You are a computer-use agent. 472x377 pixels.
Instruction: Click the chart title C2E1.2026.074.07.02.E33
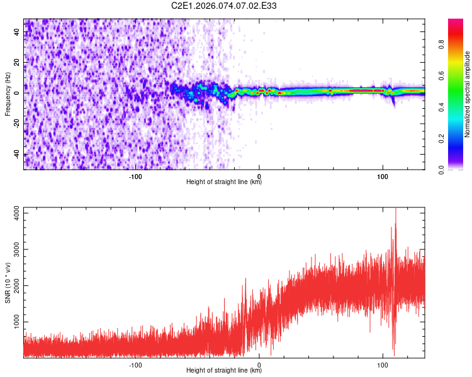[x=224, y=6]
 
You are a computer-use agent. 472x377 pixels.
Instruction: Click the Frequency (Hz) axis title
[x=8, y=94]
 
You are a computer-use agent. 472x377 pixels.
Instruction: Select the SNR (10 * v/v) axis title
[x=8, y=281]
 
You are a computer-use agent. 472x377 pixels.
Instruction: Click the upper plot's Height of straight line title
[x=224, y=182]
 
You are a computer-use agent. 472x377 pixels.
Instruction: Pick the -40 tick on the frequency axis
[x=16, y=155]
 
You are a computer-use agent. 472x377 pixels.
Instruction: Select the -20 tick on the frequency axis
[x=16, y=124]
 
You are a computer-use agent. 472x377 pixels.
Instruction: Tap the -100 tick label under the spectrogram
[x=135, y=175]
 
